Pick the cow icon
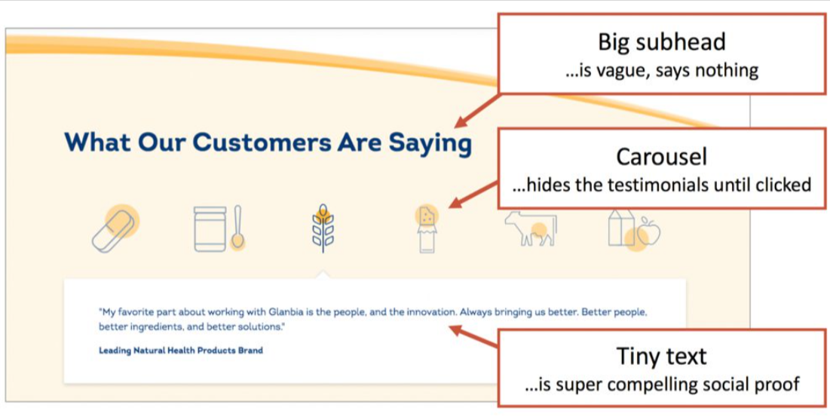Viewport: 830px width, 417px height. pyautogui.click(x=531, y=228)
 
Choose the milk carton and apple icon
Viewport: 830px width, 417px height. pyautogui.click(x=634, y=228)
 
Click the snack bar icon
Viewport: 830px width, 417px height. pyautogui.click(x=427, y=228)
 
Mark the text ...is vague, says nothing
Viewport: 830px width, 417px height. pyautogui.click(x=661, y=71)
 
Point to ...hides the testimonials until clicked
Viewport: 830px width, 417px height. pyautogui.click(x=661, y=185)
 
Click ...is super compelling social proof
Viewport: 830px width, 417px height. pyautogui.click(x=661, y=385)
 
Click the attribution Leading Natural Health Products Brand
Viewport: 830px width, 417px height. pyautogui.click(x=181, y=351)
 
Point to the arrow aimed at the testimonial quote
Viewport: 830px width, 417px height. pyautogui.click(x=475, y=336)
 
